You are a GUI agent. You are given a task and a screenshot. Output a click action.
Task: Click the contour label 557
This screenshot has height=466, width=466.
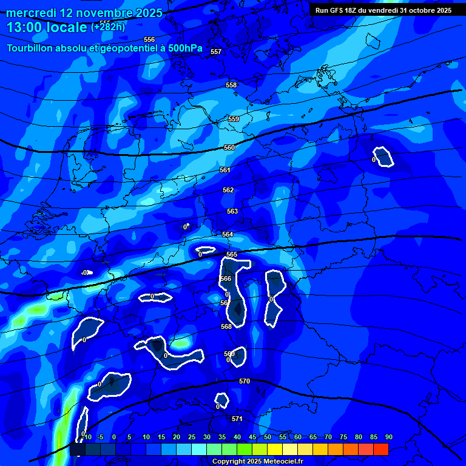coord(216,52)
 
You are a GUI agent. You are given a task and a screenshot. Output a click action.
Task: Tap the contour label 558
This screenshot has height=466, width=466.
coord(231,85)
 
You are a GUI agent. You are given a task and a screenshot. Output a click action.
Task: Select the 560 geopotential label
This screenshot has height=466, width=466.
coord(229,147)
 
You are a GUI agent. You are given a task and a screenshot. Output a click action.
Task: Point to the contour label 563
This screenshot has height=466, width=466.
coord(232,211)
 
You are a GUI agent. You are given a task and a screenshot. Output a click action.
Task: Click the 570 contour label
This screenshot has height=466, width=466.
coord(245,381)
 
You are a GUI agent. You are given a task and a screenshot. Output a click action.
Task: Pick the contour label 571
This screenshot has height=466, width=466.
coord(237,419)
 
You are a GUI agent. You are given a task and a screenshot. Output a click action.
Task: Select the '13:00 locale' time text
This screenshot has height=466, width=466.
coord(47,27)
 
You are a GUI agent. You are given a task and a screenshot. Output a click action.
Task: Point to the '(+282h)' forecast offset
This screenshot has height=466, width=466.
coord(109,27)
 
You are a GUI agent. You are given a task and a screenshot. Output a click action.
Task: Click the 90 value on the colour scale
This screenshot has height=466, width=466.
coord(388,437)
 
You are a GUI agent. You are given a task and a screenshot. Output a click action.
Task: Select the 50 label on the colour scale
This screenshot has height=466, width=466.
coord(267,437)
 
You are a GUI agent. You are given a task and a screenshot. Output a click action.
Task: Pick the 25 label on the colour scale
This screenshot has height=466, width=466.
coord(191,437)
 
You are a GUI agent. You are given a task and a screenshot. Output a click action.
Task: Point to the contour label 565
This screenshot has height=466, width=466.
coord(231,254)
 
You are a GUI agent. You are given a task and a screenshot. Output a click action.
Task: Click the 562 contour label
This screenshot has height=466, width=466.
coord(228,190)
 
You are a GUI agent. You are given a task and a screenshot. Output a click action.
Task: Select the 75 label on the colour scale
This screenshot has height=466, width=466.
coord(343,437)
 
